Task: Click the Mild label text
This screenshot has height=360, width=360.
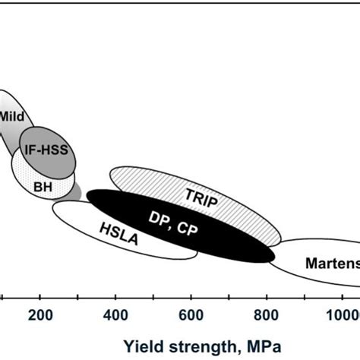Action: pyautogui.click(x=12, y=117)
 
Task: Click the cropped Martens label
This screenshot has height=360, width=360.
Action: pyautogui.click(x=331, y=264)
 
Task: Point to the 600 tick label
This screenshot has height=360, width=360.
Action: pyautogui.click(x=191, y=317)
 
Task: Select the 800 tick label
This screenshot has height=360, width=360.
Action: pyautogui.click(x=266, y=317)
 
